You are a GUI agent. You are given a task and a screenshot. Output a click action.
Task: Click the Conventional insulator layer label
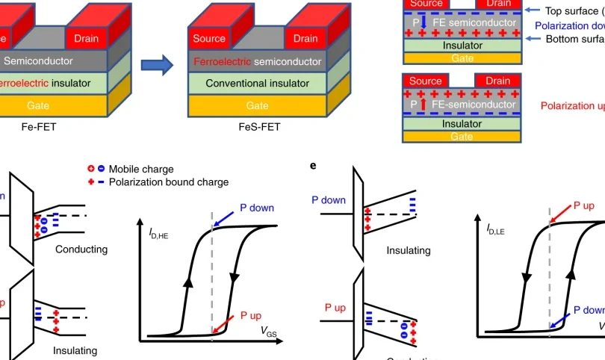coord(257,83)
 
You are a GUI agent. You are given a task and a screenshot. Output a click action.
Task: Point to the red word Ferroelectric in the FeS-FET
coord(222,61)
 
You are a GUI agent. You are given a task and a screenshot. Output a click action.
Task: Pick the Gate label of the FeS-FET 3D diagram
coord(257,105)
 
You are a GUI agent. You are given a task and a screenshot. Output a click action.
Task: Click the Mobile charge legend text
coord(141,170)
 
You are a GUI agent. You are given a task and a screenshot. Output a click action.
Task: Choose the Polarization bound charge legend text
coord(169,182)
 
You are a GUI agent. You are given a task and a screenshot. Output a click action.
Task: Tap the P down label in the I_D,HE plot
coord(257,207)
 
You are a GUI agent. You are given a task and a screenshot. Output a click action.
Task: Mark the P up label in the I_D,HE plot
coord(252,315)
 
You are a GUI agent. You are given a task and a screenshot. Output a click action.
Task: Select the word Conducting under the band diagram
coord(81,249)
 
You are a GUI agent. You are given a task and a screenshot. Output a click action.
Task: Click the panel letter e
coord(313,165)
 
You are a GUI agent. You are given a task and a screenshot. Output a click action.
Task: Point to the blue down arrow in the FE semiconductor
coord(423,24)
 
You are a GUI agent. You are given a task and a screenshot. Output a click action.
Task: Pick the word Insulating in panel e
coord(409,251)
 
